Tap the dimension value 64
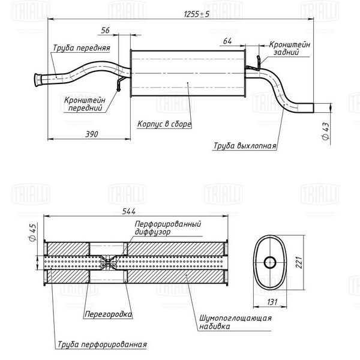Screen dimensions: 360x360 227,41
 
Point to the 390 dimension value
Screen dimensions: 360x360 91,133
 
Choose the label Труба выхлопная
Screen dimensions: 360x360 244,146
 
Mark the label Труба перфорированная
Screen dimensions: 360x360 102,344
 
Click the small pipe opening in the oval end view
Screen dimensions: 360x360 270,261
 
